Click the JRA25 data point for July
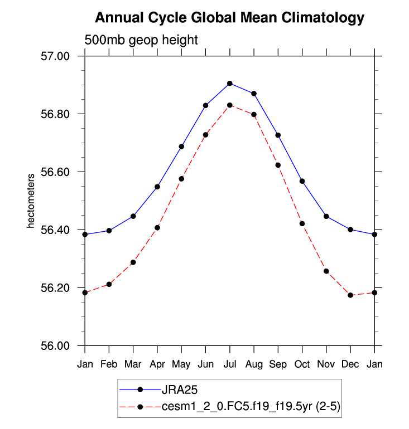230,84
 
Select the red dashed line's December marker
350,295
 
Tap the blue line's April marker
157,187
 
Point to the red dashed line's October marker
302,223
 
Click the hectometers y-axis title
31,201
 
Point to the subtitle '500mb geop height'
141,40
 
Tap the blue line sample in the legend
140,388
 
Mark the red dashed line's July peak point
230,105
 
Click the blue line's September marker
278,135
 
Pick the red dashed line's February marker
109,284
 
